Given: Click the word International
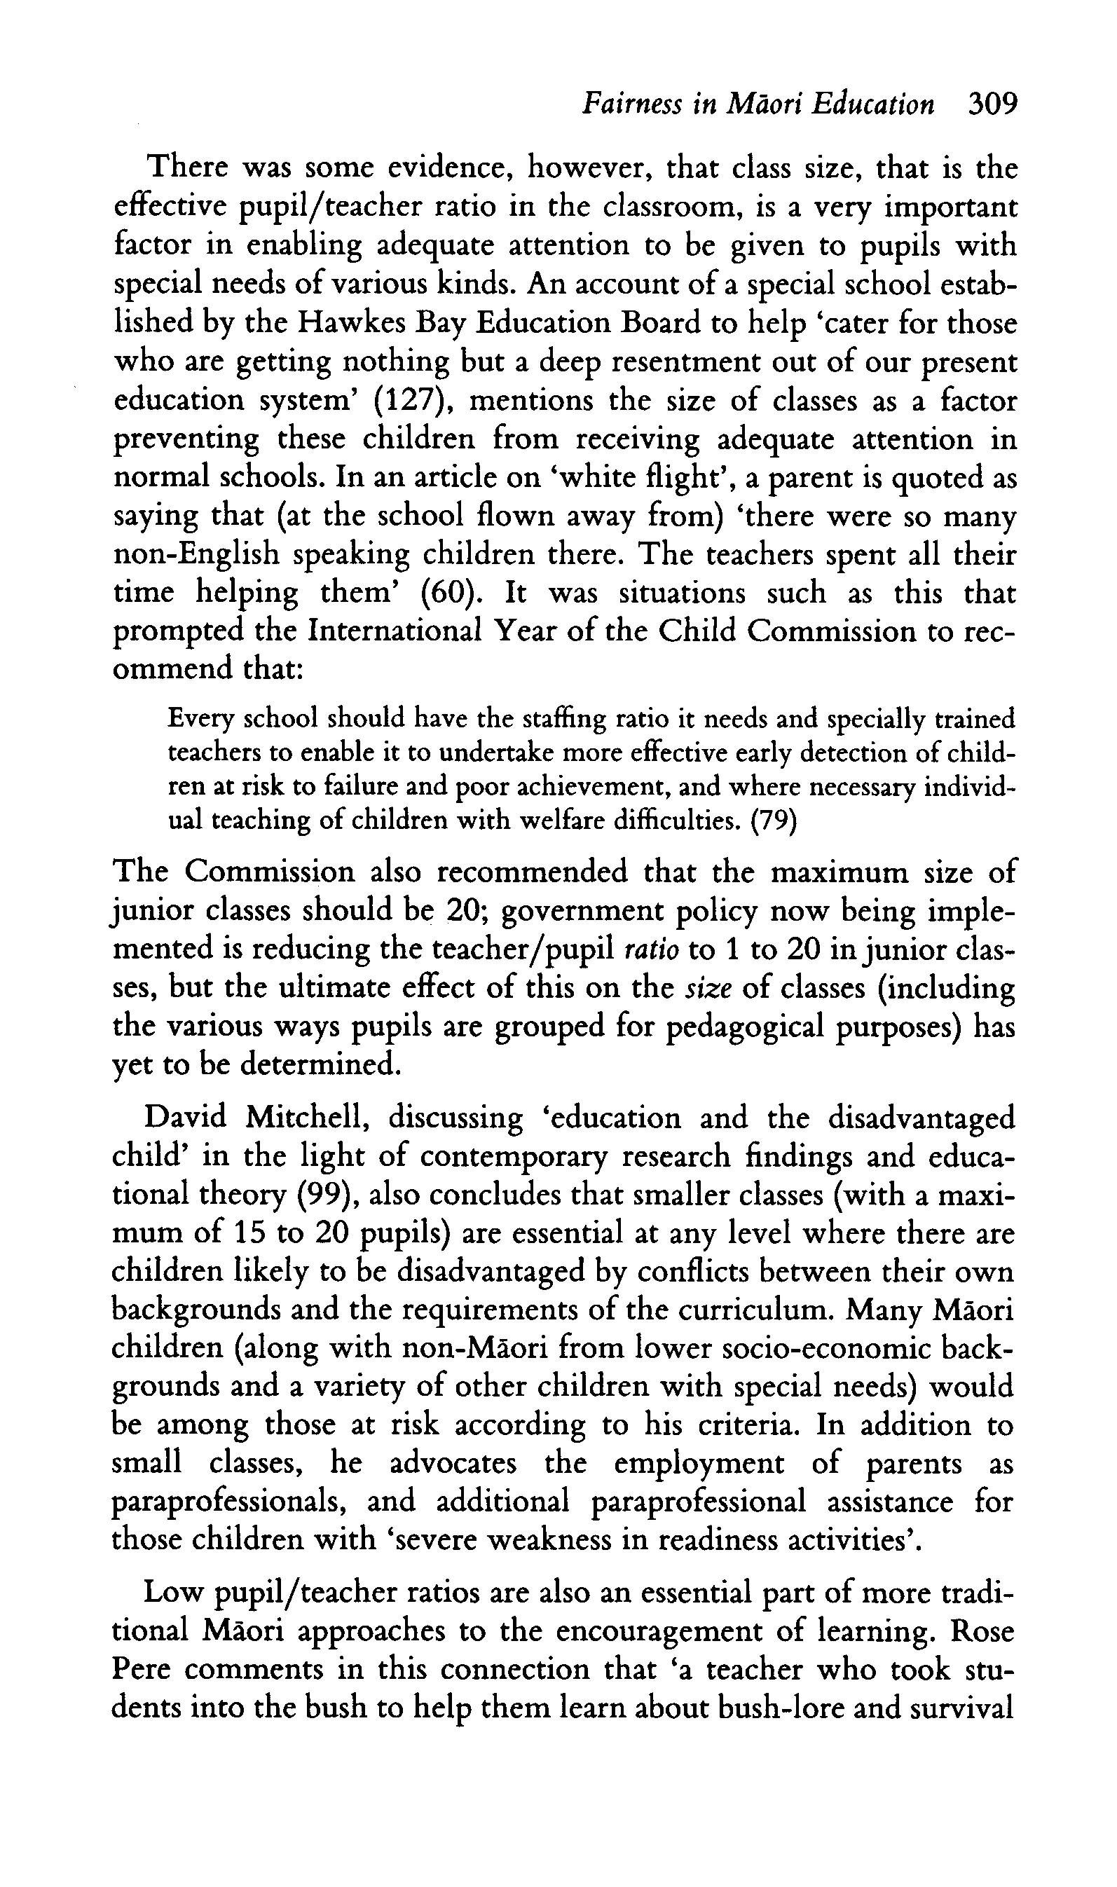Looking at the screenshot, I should point(395,631).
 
